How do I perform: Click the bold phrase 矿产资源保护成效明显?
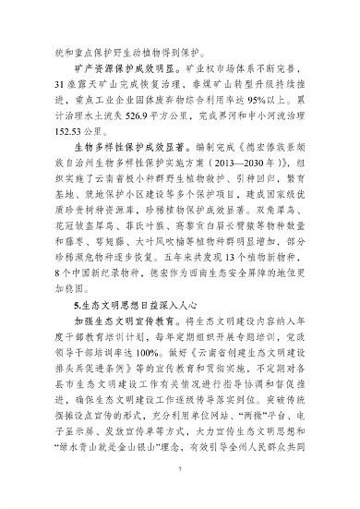(119, 68)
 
